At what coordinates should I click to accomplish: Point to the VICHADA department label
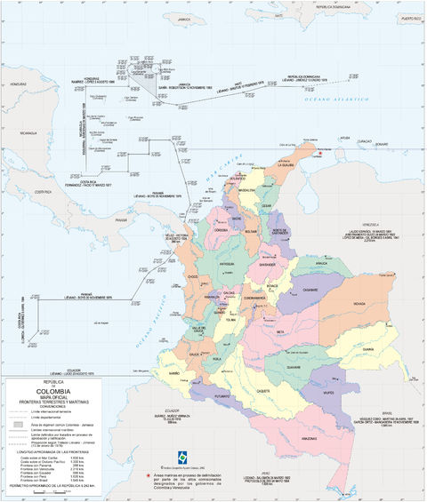[x=359, y=304]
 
